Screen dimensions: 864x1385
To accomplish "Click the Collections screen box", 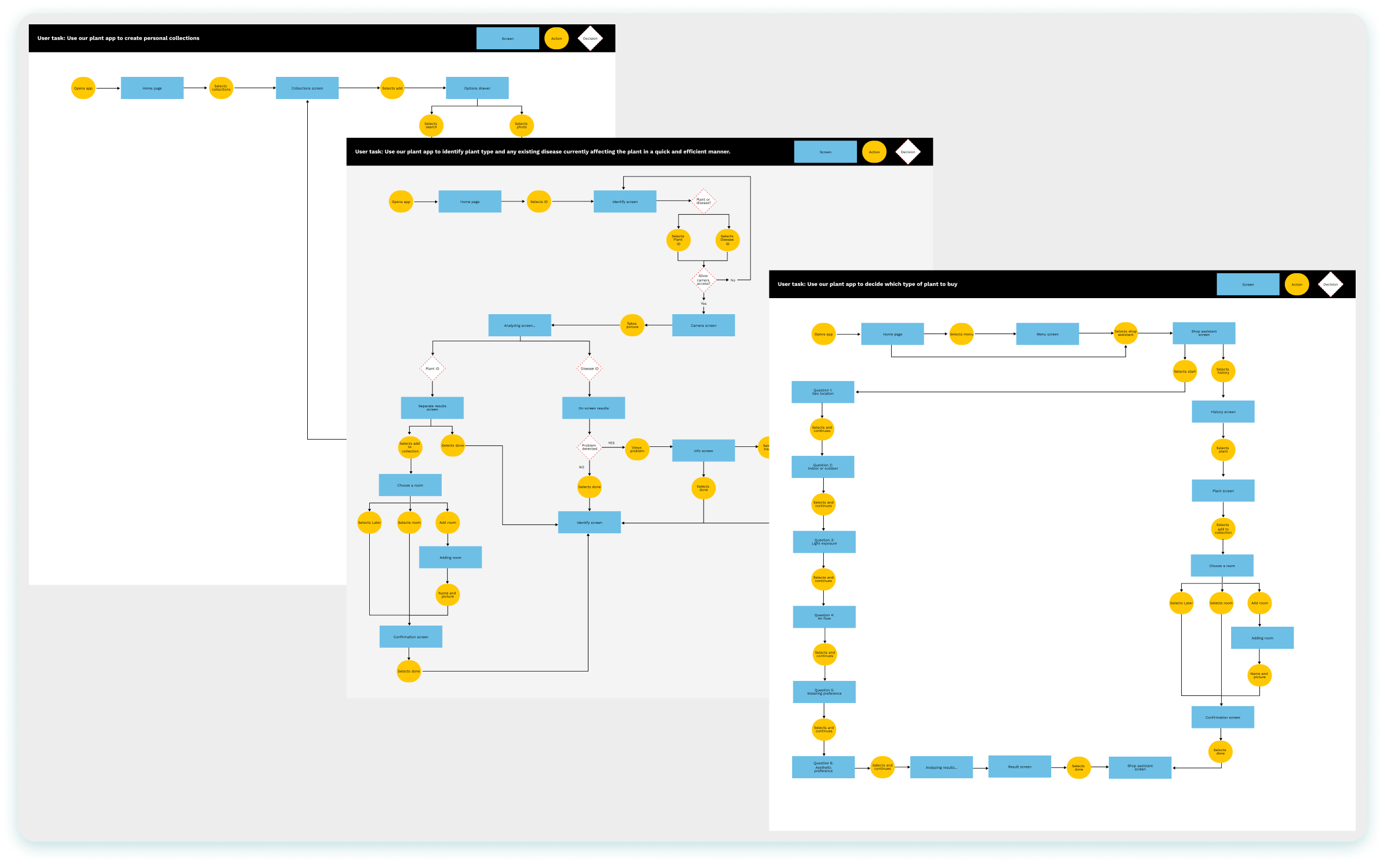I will (x=307, y=88).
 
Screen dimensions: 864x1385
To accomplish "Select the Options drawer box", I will (x=477, y=88).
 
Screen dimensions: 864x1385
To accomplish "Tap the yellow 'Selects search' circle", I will (x=431, y=125).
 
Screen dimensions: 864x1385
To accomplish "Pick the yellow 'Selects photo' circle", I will (x=521, y=125).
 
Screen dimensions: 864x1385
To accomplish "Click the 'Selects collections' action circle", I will (x=221, y=88).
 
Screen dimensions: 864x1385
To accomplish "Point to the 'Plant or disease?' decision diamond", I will (x=704, y=201).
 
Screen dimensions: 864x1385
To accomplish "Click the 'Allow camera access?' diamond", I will (x=704, y=279).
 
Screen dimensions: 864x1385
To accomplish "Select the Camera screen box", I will (x=704, y=325).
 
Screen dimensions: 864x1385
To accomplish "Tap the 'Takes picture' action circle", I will (x=632, y=325).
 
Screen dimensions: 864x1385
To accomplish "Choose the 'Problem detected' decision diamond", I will (x=590, y=447).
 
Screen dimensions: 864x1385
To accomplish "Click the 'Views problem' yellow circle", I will (x=637, y=449).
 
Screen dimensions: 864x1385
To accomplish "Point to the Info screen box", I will (x=704, y=450).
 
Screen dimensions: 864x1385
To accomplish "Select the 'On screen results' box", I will (x=593, y=408).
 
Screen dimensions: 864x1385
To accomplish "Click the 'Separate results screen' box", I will (x=432, y=408).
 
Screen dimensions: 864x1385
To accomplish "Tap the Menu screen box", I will (x=1047, y=334).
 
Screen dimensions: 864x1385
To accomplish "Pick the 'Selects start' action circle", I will (x=1185, y=371).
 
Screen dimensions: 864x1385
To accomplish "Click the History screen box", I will (x=1223, y=412).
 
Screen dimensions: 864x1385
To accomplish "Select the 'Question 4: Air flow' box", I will (x=824, y=617).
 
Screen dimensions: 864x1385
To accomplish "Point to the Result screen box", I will (x=1020, y=767).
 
